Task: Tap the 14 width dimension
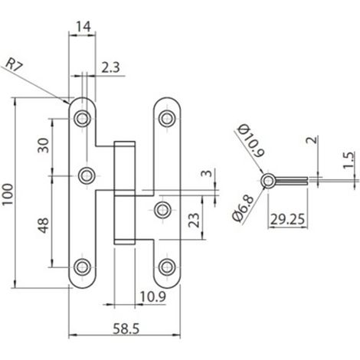pos(83,27)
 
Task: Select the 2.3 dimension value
pos(110,67)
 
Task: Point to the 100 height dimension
pos(8,194)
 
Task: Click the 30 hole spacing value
pos(43,146)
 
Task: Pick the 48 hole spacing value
pos(44,225)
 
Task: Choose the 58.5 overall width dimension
pos(126,329)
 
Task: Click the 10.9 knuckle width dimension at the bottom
pos(153,296)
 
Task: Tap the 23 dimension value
pos(194,220)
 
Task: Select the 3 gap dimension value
pos(207,174)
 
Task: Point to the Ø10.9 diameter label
pos(250,140)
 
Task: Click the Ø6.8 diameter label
pos(243,208)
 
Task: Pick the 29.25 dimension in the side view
pos(288,219)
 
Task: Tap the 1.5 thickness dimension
pos(349,160)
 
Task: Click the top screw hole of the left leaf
pos(82,118)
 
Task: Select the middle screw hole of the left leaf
pos(87,175)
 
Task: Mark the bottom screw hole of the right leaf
pos(167,267)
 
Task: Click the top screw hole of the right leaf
pos(167,118)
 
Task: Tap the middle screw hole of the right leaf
pos(162,210)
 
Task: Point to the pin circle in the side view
pos(268,181)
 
